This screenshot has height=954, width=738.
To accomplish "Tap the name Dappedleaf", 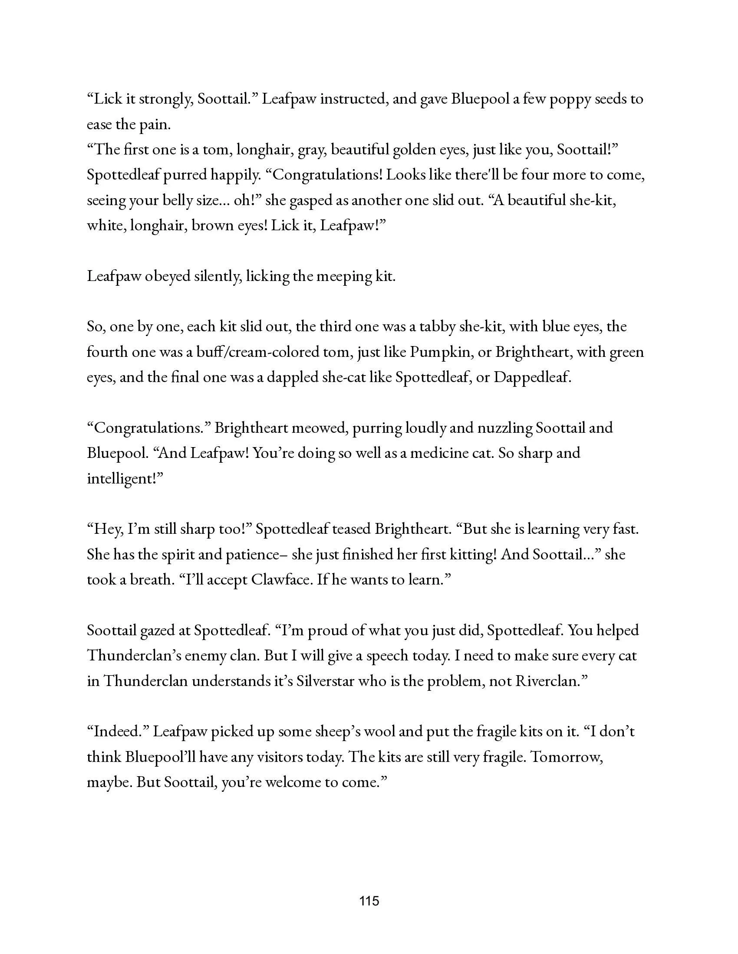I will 533,378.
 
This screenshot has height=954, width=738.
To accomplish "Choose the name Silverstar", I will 325,681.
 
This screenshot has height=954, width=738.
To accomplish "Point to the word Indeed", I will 115,732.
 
